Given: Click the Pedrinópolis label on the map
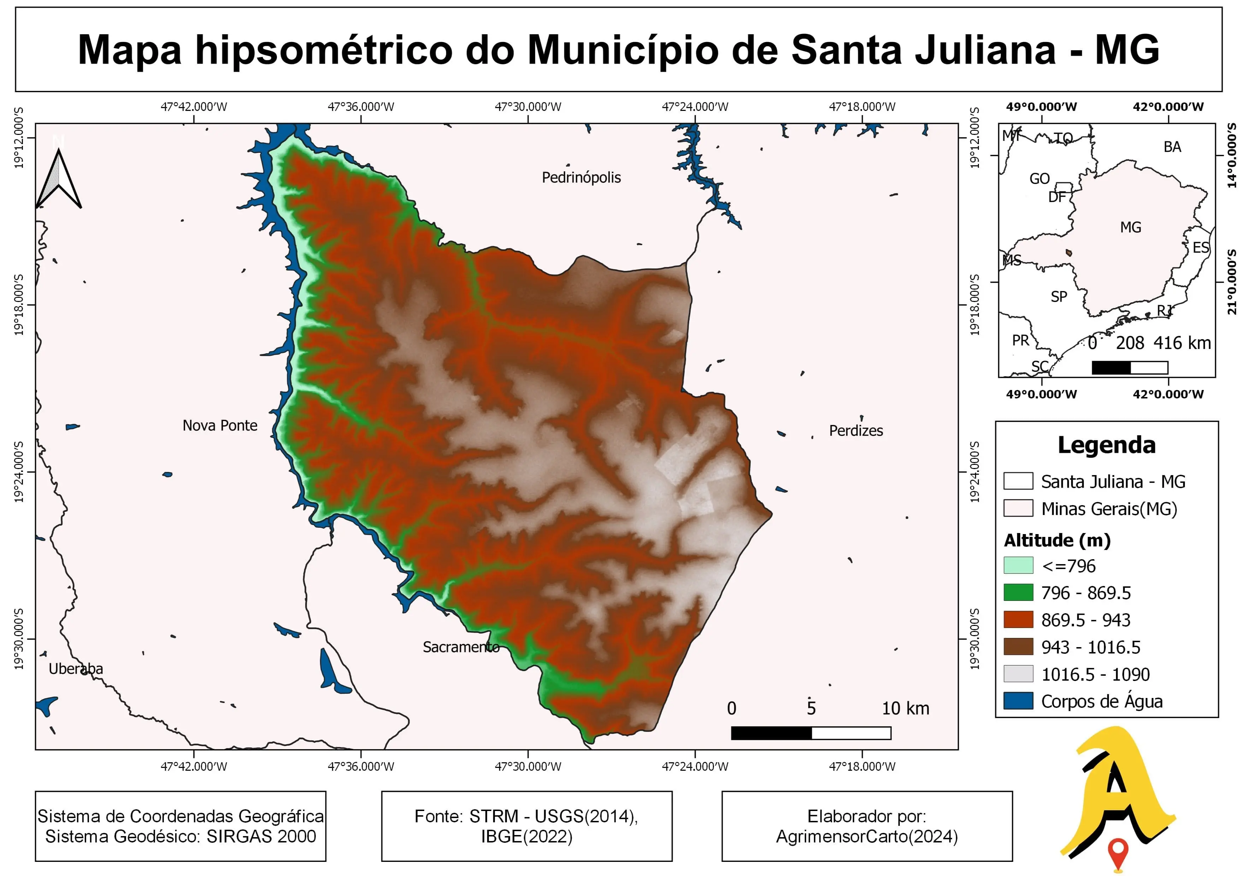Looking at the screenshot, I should [581, 177].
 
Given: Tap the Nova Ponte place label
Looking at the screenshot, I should [220, 426].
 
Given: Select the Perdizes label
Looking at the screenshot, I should [856, 431].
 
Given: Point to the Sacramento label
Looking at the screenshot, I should [461, 647].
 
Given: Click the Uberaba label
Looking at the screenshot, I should [76, 669].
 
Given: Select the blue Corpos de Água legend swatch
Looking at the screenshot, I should [1018, 701].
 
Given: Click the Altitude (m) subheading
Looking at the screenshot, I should [1057, 540].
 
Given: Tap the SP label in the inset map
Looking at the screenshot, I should [1059, 297].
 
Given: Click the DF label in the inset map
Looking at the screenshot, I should [1057, 197].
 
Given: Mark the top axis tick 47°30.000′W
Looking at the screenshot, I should [528, 107].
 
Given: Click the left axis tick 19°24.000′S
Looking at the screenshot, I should [19, 472].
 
